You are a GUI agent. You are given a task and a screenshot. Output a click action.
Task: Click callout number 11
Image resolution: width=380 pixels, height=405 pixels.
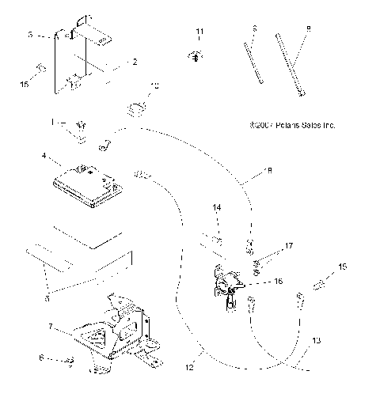[x=199, y=31]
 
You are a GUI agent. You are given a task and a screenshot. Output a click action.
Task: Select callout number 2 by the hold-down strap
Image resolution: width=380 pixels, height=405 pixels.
[x=135, y=61]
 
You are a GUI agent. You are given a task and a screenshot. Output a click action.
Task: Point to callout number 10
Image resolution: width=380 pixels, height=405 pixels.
[x=155, y=84]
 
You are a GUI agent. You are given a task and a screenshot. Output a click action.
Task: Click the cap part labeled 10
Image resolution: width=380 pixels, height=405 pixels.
[x=139, y=105]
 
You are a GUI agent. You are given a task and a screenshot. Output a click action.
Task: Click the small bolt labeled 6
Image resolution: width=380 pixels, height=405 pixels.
[x=70, y=361]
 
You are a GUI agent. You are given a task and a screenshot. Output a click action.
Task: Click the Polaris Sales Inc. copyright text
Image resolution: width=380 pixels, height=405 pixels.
[x=291, y=124]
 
